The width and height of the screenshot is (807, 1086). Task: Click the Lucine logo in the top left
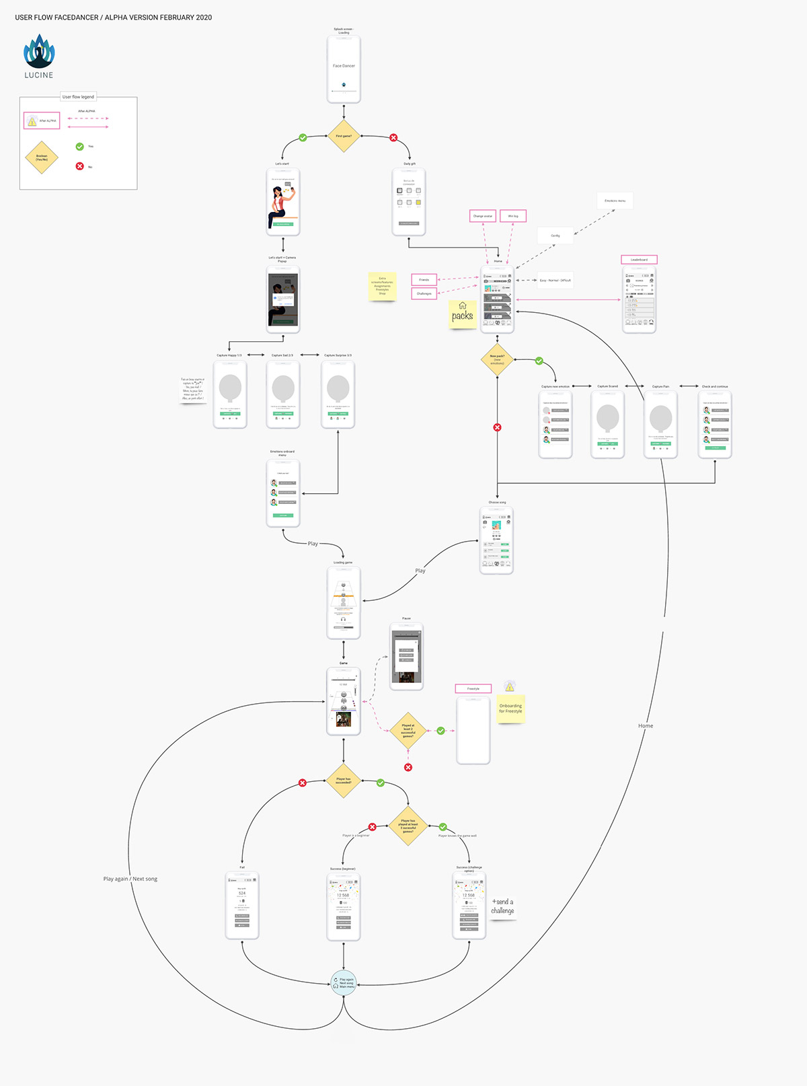[39, 57]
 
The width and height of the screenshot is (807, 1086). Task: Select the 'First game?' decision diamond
[344, 136]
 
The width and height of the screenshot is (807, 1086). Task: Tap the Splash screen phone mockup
[344, 69]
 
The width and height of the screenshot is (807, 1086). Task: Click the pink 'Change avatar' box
[483, 216]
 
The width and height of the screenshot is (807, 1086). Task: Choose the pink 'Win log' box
[513, 216]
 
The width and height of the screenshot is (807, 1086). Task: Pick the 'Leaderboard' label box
[639, 260]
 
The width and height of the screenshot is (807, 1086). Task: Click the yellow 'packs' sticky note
[462, 314]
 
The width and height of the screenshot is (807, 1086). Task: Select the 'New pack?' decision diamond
[497, 359]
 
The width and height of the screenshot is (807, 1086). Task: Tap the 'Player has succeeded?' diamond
[344, 781]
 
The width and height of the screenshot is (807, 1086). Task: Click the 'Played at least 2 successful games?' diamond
[408, 731]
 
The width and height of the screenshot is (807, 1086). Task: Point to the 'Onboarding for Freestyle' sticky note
[510, 709]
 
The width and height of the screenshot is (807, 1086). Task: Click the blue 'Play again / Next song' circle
[344, 983]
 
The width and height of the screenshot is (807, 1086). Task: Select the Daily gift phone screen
[409, 202]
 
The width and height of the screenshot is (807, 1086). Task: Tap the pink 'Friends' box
[424, 280]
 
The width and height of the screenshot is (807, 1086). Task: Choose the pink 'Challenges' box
[424, 293]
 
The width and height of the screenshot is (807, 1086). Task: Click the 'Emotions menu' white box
[615, 201]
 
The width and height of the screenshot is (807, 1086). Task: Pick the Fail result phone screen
[242, 906]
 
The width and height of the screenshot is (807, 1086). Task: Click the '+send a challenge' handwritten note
[502, 906]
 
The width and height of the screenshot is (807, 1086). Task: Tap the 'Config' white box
[555, 236]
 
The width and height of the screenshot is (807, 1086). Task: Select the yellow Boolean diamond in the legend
[42, 158]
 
